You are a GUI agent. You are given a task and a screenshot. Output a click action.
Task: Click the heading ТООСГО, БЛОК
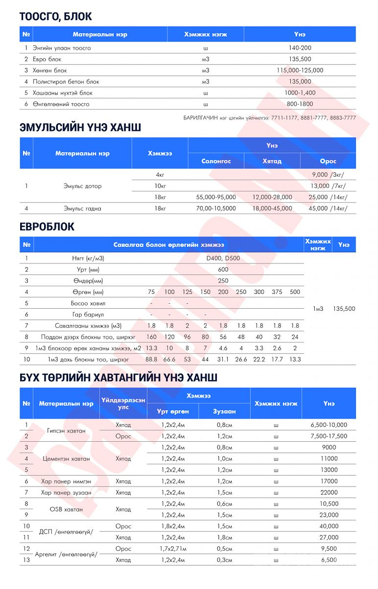[x=56, y=16]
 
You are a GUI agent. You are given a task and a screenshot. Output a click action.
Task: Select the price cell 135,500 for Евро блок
[x=300, y=59]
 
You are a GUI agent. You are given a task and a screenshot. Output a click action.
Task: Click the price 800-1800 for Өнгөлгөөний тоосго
[x=300, y=104]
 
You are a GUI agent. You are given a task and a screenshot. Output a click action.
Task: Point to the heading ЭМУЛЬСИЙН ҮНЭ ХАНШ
[x=80, y=127]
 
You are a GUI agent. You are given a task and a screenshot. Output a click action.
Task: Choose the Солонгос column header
[x=216, y=161]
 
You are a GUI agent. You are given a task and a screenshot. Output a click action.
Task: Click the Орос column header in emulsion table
[x=328, y=161]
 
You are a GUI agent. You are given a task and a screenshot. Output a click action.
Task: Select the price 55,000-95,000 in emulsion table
[x=216, y=197]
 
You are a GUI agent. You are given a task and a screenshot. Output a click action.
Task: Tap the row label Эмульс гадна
[x=82, y=208]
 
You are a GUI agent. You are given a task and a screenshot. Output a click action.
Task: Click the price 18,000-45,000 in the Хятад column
[x=272, y=208]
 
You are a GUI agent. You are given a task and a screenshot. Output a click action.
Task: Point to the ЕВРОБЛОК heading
[x=47, y=227]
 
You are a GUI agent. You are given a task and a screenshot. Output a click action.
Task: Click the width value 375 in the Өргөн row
[x=277, y=292]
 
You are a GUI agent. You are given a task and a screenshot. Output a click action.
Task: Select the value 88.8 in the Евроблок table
[x=152, y=359]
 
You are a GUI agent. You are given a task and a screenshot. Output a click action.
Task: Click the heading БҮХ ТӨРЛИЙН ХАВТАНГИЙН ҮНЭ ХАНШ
[x=119, y=377]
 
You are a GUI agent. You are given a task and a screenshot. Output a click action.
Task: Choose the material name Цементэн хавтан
[x=66, y=459]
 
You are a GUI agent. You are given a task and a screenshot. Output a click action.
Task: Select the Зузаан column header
[x=224, y=411]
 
